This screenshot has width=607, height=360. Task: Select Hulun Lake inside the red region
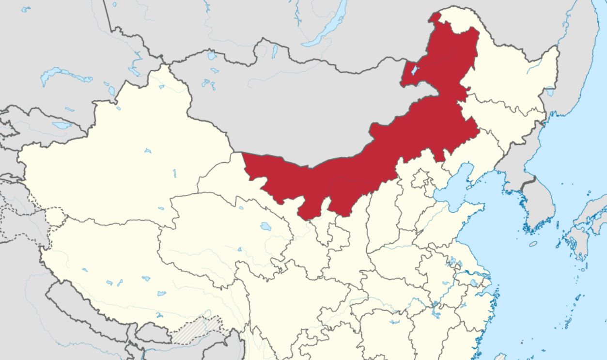tap(413, 71)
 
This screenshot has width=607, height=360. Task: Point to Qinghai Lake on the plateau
tap(265, 226)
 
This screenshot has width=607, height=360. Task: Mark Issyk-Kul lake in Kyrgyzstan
tap(62, 125)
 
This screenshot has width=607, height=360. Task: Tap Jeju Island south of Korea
tap(533, 244)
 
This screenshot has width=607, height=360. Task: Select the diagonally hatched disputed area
tap(196, 331)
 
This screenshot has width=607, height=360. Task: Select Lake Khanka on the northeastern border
tap(549, 91)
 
